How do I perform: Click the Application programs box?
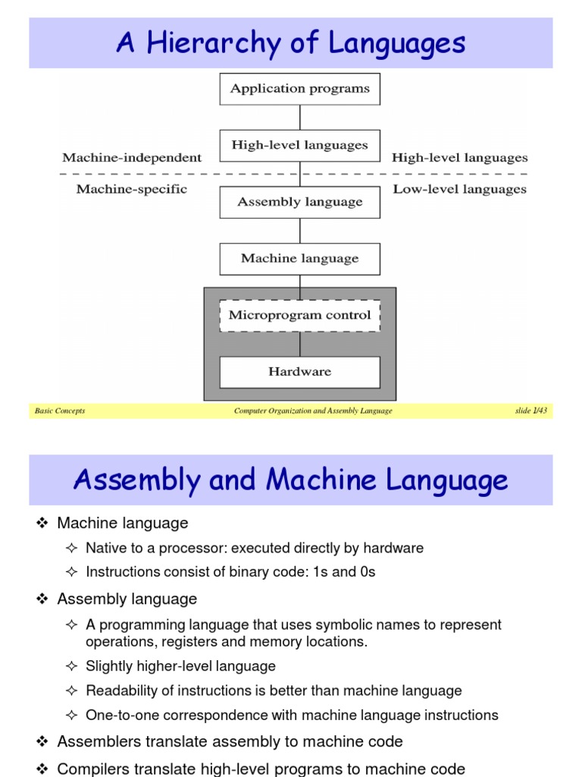coord(300,89)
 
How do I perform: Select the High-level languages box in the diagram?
coord(300,146)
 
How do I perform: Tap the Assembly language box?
coord(300,202)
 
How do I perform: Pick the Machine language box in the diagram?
coord(300,259)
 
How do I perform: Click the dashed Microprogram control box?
coord(300,315)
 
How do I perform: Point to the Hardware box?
coord(300,372)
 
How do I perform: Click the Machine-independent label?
coord(132,158)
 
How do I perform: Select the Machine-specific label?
coord(132,189)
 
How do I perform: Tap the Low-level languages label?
coord(459,189)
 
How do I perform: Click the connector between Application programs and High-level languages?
coord(300,118)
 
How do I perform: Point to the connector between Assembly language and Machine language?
coord(300,231)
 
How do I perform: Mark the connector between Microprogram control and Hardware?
coord(300,344)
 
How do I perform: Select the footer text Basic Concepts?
coord(60,411)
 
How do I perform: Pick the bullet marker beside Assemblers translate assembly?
coord(42,741)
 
